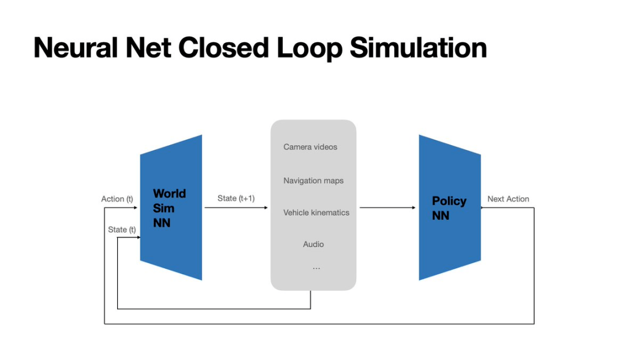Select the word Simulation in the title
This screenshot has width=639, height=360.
418,48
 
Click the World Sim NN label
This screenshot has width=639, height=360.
169,208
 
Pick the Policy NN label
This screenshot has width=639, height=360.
449,208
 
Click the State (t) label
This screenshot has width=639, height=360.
122,229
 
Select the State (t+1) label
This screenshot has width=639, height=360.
236,198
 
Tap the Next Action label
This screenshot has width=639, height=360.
508,199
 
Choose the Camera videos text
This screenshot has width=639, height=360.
310,147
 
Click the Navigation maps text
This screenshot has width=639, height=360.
313,181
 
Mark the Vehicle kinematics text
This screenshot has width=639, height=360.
316,213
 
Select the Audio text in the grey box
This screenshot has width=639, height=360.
314,244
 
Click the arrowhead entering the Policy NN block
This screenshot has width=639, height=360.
414,207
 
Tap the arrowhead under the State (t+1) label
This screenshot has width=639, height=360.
266,207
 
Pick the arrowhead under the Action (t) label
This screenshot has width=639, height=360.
137,207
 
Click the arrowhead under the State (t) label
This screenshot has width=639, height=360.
137,237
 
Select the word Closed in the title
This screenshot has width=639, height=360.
221,48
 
